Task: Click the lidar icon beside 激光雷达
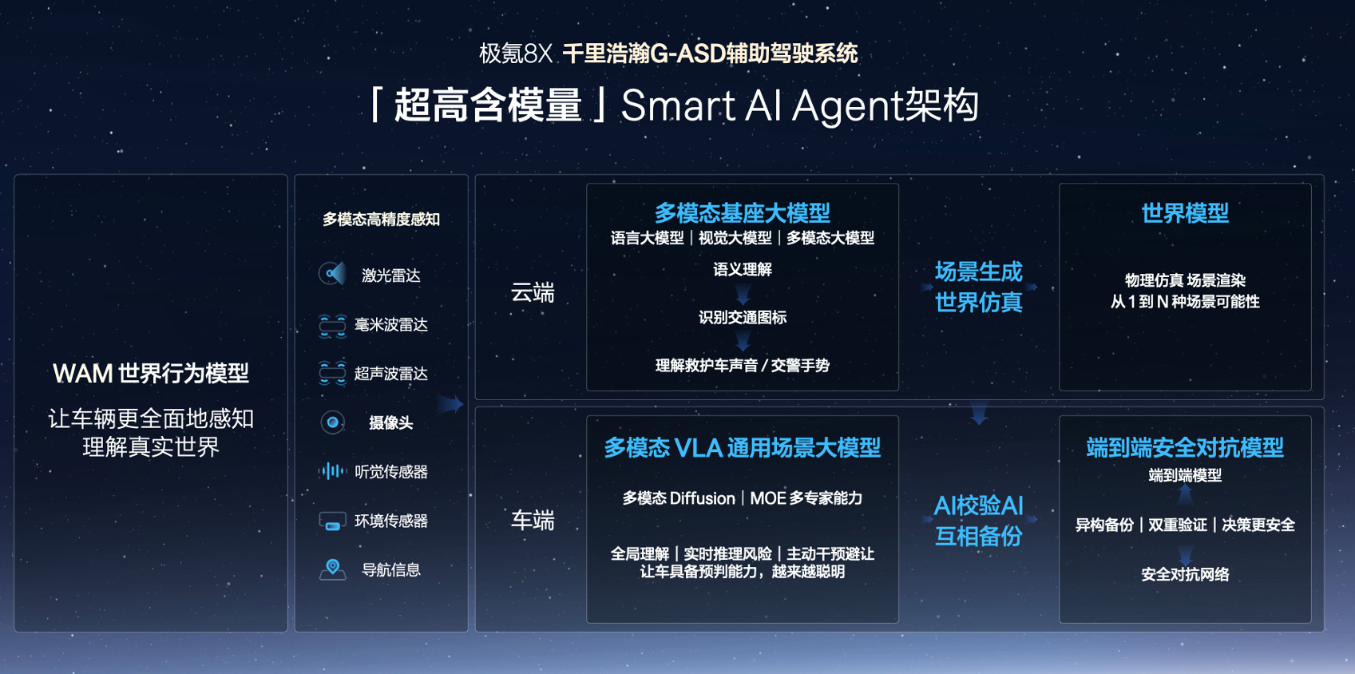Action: [332, 274]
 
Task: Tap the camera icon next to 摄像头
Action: [332, 422]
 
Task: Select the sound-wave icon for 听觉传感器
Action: [332, 470]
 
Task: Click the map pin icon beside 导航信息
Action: [332, 569]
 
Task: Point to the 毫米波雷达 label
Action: [390, 325]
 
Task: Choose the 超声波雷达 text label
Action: [390, 373]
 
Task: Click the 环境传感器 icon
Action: [332, 521]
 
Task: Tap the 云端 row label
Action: [533, 292]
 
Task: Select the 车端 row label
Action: [533, 520]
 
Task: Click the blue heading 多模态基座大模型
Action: [743, 213]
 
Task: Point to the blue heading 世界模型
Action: [1185, 213]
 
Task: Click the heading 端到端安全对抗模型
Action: [1185, 448]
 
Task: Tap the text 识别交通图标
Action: [743, 317]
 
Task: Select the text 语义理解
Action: [743, 268]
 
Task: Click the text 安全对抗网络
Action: [1185, 573]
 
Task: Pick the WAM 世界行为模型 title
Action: [151, 373]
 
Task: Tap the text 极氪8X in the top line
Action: [515, 54]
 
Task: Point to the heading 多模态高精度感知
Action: [381, 219]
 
